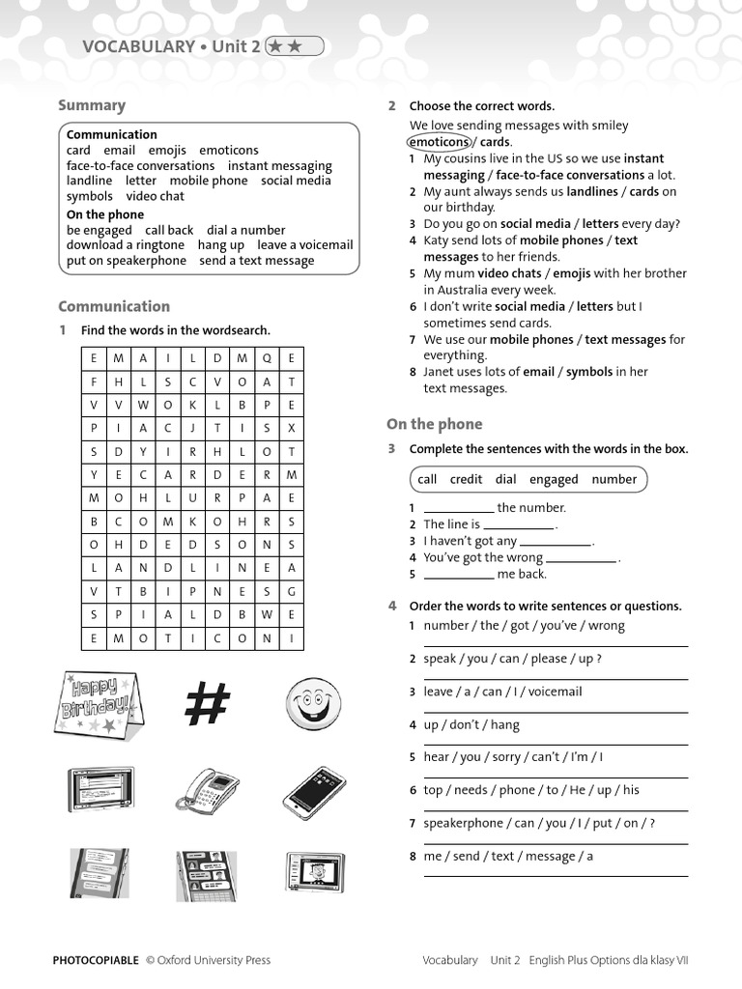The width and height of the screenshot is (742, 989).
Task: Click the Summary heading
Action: (x=92, y=105)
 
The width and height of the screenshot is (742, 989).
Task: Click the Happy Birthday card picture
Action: (x=99, y=702)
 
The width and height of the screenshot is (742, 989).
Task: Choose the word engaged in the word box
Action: (x=554, y=479)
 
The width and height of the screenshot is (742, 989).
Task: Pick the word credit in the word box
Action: (x=466, y=479)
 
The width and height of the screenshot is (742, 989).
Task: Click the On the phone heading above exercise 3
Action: (x=434, y=424)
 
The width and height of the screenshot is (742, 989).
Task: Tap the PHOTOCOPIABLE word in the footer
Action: (x=95, y=960)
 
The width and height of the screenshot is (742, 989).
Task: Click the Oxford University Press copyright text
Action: (x=208, y=960)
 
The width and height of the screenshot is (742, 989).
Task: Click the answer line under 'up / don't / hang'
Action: (x=556, y=744)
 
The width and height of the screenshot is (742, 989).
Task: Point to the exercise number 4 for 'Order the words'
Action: (x=392, y=606)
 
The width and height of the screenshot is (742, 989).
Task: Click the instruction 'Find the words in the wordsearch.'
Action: (x=175, y=330)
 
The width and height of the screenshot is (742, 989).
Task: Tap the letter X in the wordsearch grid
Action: (x=291, y=428)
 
